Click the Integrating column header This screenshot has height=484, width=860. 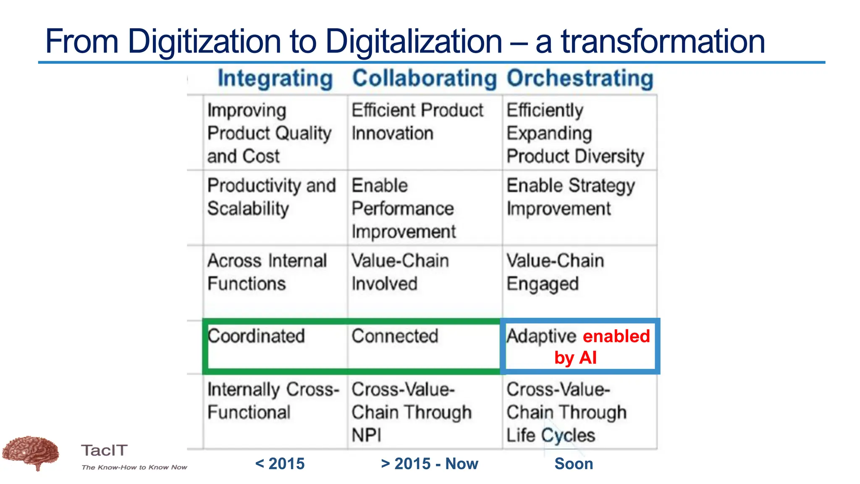tap(275, 79)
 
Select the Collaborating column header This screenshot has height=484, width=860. tap(424, 79)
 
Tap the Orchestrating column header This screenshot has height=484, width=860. tap(580, 79)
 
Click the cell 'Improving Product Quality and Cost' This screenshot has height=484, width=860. tap(269, 133)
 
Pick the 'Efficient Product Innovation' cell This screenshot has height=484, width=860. tap(417, 122)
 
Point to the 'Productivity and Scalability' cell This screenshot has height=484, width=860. tap(271, 197)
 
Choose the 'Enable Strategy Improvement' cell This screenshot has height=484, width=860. tap(570, 197)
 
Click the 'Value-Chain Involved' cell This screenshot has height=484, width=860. tap(400, 272)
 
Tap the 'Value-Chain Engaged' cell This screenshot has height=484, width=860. tap(555, 272)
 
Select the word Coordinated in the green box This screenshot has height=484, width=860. tap(256, 336)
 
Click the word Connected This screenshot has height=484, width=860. tap(395, 336)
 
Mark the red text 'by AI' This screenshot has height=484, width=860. tap(575, 358)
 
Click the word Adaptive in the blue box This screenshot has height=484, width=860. tap(541, 336)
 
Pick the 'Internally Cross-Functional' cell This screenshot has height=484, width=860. tap(273, 401)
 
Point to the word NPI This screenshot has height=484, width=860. tap(367, 435)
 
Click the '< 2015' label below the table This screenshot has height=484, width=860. tap(280, 464)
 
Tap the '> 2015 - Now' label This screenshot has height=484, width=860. tap(429, 464)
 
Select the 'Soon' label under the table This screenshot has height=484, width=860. tap(574, 464)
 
